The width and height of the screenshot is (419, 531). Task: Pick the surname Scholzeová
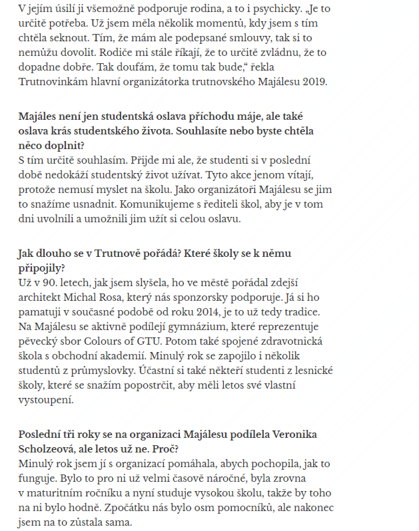coord(51,449)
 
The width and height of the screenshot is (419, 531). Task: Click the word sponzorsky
coord(213,296)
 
